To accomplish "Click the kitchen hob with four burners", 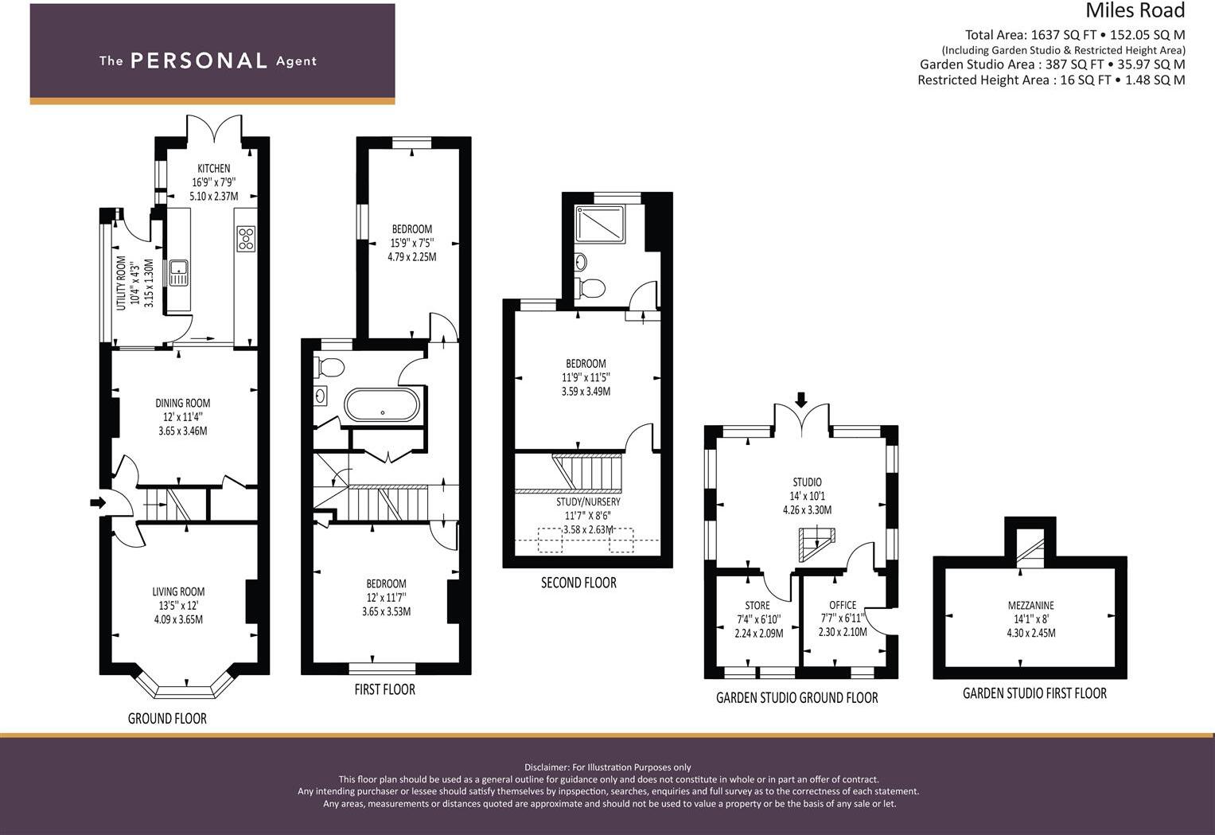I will [x=246, y=239].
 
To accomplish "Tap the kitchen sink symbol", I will [x=178, y=273].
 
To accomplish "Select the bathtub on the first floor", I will [x=382, y=405].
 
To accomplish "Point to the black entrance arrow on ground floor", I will [x=98, y=502].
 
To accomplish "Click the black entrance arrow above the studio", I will [x=800, y=399].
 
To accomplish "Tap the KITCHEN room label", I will [x=213, y=168].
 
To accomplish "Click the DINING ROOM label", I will [x=182, y=403].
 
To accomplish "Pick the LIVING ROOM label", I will [x=178, y=591].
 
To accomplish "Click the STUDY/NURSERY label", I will [x=588, y=501].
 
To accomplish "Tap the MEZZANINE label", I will [x=1030, y=605].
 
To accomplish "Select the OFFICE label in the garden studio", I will [x=843, y=605].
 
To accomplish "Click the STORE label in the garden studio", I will [x=757, y=605].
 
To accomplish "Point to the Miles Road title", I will [x=1135, y=11].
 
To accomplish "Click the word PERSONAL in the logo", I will [x=198, y=61].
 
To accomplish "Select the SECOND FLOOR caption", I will [x=578, y=583].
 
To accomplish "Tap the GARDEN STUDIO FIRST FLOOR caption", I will [x=1034, y=693].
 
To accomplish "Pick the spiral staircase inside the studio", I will [x=814, y=543].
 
